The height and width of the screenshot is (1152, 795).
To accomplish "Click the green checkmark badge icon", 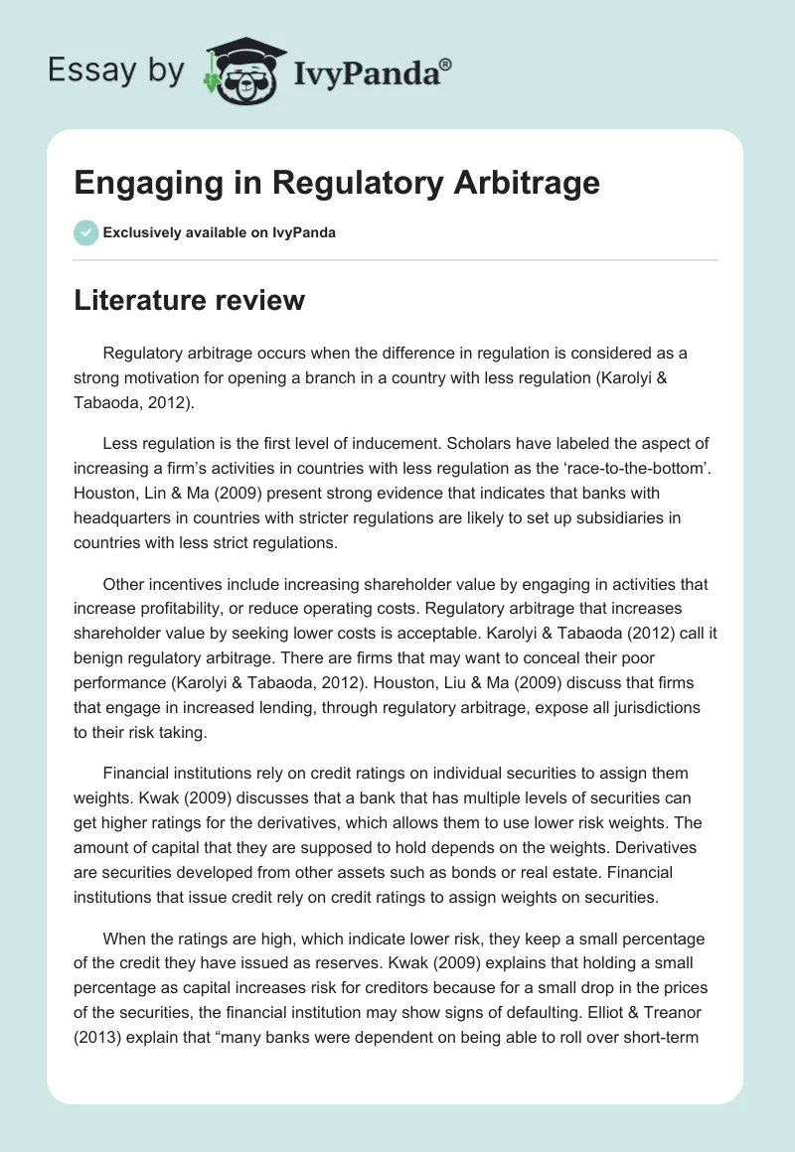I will pos(84,232).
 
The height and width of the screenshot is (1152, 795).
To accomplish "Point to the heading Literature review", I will pos(189,299).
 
